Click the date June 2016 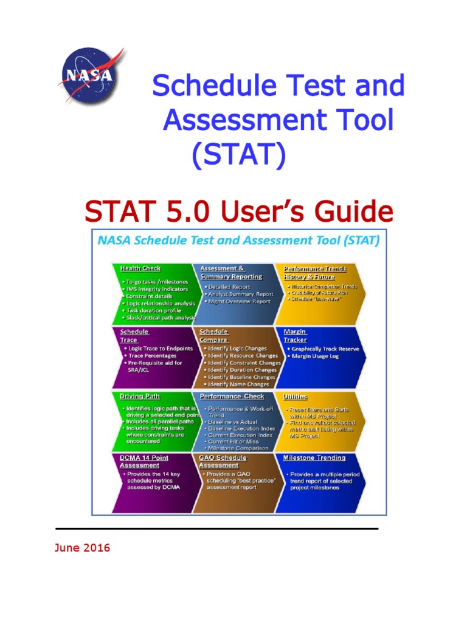(x=82, y=548)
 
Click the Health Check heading (x=140, y=268)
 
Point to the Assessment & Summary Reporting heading (x=230, y=272)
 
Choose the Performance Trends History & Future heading (x=314, y=272)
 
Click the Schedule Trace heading (x=134, y=336)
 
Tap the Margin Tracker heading (x=295, y=336)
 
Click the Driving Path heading (x=140, y=397)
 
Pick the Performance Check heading (x=232, y=397)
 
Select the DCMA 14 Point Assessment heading (x=144, y=462)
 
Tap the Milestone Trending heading (x=314, y=458)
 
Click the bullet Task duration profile (x=154, y=310)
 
